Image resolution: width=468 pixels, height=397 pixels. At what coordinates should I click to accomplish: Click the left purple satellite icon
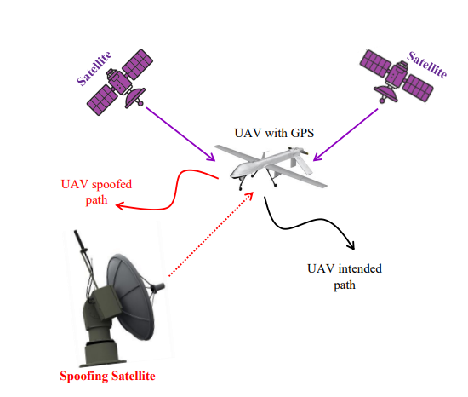(x=120, y=82)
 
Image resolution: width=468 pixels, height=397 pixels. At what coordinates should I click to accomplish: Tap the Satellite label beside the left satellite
(x=94, y=68)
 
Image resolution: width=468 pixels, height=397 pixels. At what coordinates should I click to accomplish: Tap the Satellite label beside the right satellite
(x=427, y=65)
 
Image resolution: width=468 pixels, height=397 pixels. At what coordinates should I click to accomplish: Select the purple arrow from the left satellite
(x=180, y=134)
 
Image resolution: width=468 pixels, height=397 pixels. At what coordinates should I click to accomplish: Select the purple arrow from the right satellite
(x=345, y=135)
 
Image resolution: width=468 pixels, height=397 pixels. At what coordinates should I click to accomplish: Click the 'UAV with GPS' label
(x=274, y=133)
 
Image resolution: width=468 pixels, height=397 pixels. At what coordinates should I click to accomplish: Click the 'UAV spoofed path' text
(x=96, y=192)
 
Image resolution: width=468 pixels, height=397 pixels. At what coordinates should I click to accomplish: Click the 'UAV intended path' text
(x=345, y=276)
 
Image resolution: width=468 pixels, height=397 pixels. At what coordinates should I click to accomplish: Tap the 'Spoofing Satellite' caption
(x=107, y=376)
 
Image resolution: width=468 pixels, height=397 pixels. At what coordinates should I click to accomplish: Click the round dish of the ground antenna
(x=131, y=297)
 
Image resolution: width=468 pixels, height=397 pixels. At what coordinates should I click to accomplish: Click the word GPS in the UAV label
(x=302, y=133)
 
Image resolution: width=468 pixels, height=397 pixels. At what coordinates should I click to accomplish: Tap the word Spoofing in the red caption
(x=84, y=376)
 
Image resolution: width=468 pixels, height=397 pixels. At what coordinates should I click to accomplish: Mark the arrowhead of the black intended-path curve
(x=351, y=245)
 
